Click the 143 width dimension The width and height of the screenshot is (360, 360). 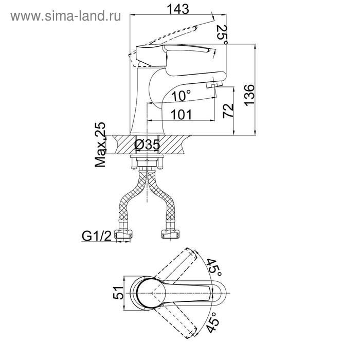point(178,9)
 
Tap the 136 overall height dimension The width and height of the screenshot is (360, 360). point(249,95)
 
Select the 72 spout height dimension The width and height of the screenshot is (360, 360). point(228,111)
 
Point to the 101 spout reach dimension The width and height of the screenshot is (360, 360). point(181,114)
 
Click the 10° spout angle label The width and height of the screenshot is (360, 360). point(181,95)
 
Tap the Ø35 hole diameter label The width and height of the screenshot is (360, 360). point(147,145)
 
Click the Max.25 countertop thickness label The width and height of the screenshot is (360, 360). point(101,145)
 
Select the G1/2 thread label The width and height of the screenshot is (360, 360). point(97,236)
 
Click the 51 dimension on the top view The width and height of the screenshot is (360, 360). point(118,293)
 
